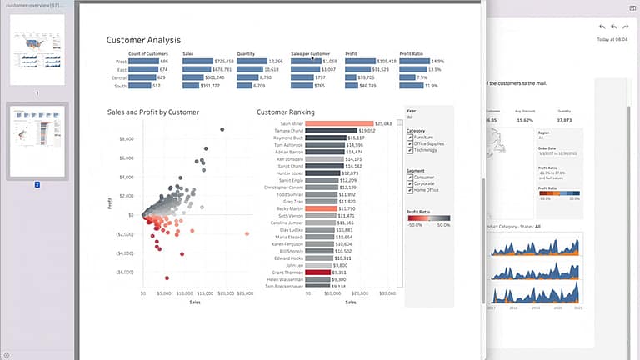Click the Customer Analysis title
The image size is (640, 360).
143,40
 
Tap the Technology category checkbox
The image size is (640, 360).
409,150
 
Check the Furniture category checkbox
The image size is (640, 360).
409,137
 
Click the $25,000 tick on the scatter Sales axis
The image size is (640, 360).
245,293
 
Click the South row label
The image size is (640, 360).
122,86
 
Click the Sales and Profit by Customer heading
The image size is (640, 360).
152,112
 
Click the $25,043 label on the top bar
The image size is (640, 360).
383,123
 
